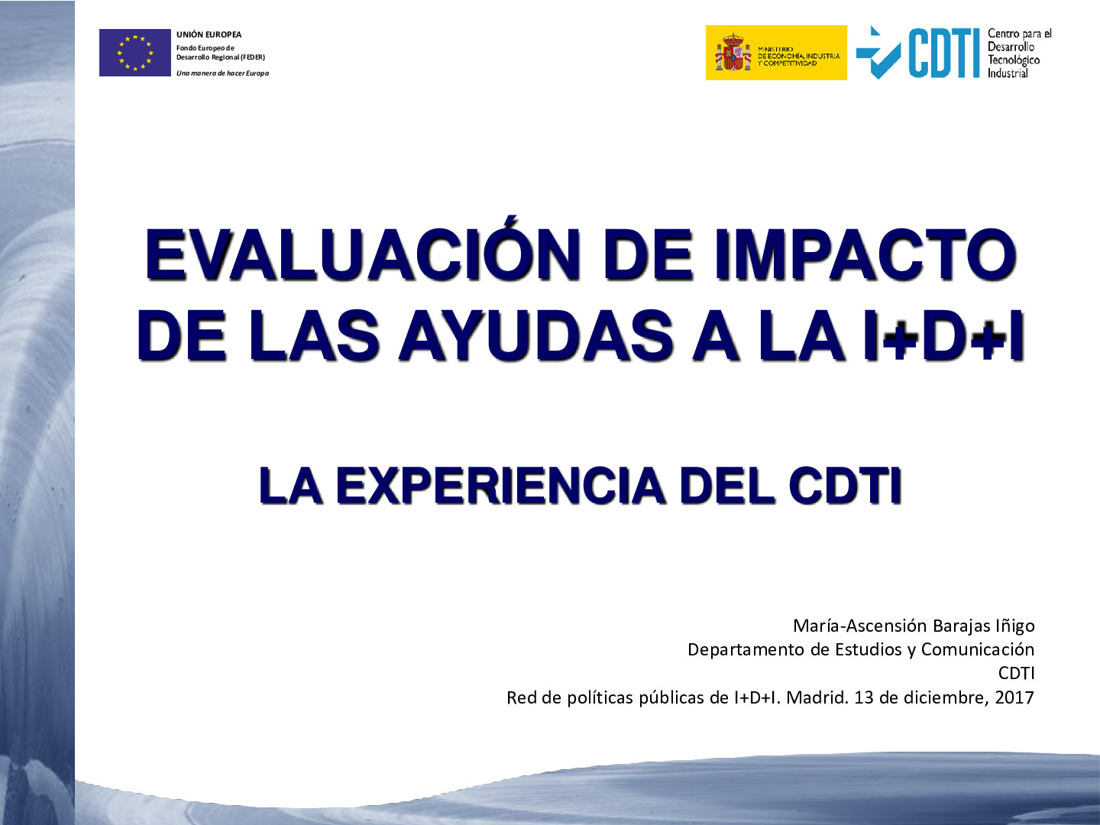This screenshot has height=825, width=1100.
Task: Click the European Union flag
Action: pyautogui.click(x=134, y=53)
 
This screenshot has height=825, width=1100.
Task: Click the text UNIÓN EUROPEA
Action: pyautogui.click(x=209, y=34)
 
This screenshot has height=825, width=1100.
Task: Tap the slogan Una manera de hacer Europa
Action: pyautogui.click(x=222, y=73)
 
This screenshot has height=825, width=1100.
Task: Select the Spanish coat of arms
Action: pyautogui.click(x=733, y=52)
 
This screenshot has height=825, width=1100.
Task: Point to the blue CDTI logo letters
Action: pyautogui.click(x=944, y=53)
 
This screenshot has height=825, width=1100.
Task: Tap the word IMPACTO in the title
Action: pyautogui.click(x=865, y=254)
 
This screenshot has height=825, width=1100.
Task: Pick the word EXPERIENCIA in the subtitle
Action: pyautogui.click(x=500, y=485)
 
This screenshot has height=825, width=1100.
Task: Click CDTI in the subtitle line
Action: pyautogui.click(x=845, y=485)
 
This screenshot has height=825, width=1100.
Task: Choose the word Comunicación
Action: pyautogui.click(x=978, y=649)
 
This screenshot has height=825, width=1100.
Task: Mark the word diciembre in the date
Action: pyautogui.click(x=946, y=697)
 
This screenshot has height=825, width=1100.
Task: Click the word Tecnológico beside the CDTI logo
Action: pyautogui.click(x=1014, y=60)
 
